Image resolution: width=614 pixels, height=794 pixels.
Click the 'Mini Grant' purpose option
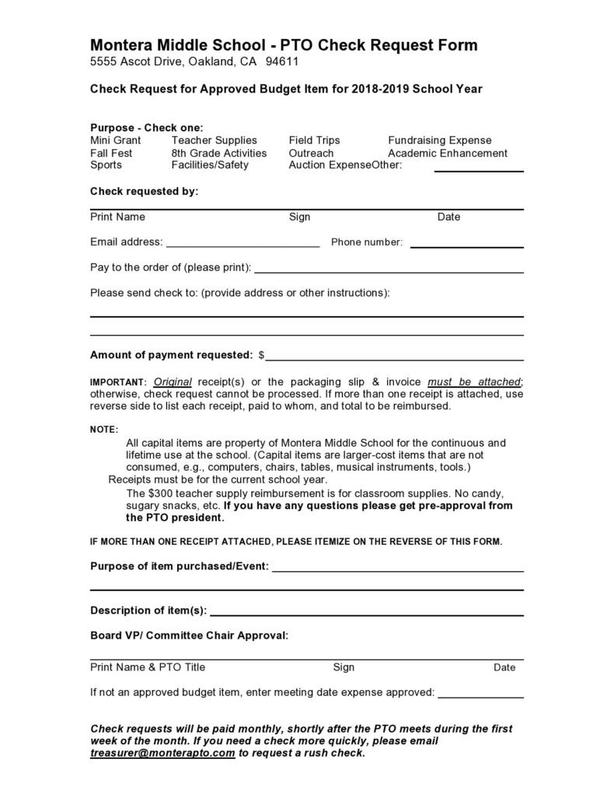[x=115, y=141]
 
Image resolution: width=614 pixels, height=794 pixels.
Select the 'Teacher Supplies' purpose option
[x=214, y=141]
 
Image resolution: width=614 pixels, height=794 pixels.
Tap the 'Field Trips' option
[x=314, y=141]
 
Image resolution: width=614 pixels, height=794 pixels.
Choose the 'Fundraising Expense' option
[x=439, y=141]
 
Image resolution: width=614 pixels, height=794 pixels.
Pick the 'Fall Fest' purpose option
[x=111, y=153]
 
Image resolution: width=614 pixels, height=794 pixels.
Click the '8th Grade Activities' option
[x=218, y=153]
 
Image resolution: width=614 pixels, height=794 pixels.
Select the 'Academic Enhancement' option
[x=447, y=153]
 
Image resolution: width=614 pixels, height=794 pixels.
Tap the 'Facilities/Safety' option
[x=210, y=165]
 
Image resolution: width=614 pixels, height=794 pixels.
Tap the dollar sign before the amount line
[x=262, y=356]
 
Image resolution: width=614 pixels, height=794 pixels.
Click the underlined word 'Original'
[x=173, y=382]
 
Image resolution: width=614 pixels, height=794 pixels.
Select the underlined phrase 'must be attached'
[x=473, y=382]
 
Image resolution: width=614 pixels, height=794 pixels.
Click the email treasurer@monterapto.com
[x=162, y=754]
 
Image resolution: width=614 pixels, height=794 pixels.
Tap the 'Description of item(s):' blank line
[x=366, y=613]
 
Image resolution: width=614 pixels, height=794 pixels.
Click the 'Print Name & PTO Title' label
[x=148, y=667]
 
